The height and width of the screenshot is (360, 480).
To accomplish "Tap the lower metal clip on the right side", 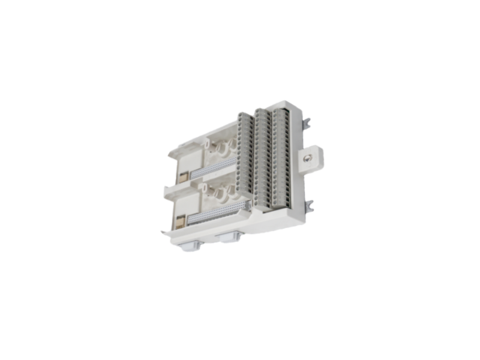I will coord(308,206).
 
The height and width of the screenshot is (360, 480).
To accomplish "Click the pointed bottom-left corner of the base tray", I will coord(163,236).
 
